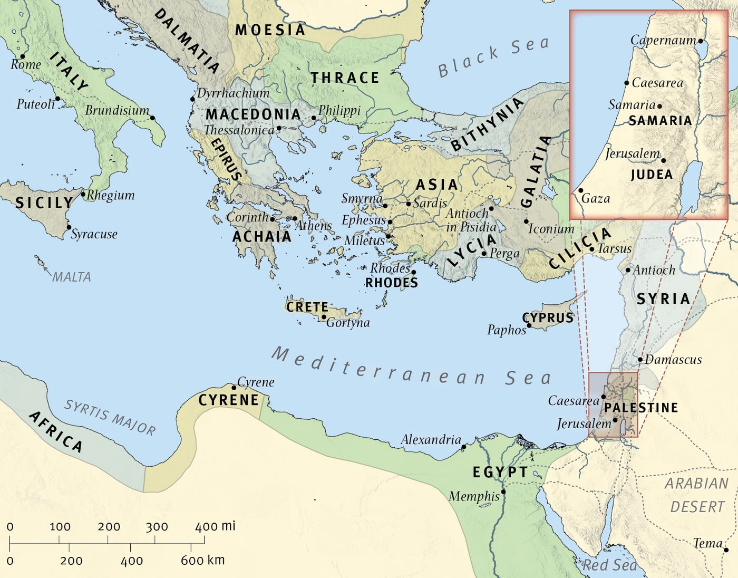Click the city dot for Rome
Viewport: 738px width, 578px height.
click(23, 56)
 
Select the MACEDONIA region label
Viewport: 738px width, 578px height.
click(253, 114)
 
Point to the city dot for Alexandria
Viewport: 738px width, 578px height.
click(464, 447)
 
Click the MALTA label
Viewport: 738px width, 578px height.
click(72, 277)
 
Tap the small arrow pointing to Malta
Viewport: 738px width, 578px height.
click(46, 271)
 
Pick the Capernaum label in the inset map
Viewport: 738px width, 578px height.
click(663, 40)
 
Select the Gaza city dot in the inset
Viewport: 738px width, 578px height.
click(581, 191)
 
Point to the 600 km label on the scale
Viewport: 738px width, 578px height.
click(203, 560)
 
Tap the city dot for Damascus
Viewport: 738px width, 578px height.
click(640, 360)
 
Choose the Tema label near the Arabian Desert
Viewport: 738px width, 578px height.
click(707, 543)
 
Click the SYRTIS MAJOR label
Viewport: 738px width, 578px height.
click(110, 417)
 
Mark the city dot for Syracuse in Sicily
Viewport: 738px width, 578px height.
click(69, 228)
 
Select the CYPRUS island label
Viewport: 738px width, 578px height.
click(548, 317)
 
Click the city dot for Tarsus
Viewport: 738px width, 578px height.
click(592, 249)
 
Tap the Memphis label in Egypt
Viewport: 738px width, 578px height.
click(474, 496)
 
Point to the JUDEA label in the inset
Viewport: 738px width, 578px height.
click(652, 175)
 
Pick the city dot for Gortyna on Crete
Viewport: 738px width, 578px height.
click(324, 317)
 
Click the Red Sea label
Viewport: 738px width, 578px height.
click(609, 565)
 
